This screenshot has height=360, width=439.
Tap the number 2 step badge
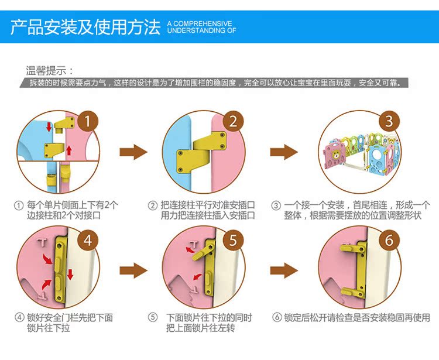232,122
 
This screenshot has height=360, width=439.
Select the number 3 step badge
389,122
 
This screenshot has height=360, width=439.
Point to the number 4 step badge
87,240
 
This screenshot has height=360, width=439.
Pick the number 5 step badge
232,240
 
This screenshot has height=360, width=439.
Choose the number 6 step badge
389,240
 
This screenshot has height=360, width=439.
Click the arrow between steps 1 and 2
133,153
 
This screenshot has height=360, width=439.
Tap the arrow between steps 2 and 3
284,153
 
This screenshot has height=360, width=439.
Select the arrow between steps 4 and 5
133,270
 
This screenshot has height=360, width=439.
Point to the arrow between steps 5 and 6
284,270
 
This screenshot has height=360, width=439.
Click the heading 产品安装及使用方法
85,27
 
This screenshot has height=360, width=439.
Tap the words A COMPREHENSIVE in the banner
200,23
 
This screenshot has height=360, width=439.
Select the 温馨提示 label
50,71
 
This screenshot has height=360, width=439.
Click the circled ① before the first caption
19,205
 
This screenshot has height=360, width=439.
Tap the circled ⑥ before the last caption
277,318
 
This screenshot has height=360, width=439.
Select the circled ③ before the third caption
277,205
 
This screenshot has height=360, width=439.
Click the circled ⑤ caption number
153,317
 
